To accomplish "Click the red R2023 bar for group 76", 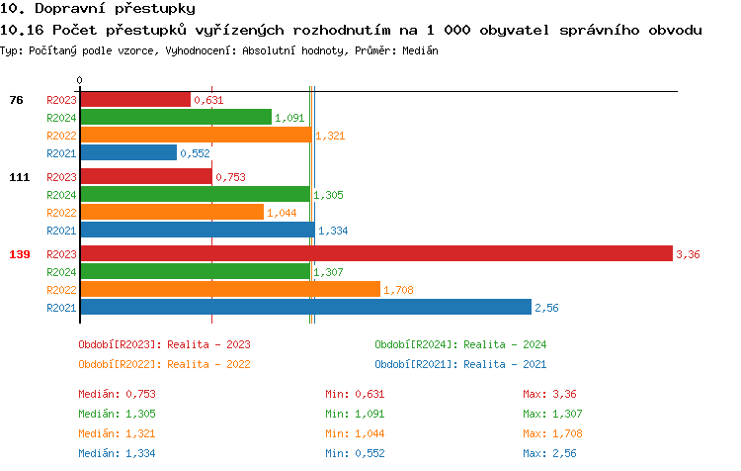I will [134, 99].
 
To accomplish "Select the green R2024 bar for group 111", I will [195, 195].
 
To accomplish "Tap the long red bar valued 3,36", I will [375, 254].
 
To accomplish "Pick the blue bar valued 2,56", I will [305, 308].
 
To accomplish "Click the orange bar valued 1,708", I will [229, 290].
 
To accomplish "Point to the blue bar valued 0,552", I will [128, 153].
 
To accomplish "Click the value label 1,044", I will [283, 213].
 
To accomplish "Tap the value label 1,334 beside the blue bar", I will [333, 231].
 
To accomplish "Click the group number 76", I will [16, 100].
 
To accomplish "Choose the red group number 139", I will [20, 254].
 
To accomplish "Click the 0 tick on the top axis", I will [80, 80].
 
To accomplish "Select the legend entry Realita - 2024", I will [460, 344].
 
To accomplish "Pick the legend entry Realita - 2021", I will [460, 364].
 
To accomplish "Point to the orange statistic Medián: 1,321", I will [117, 433].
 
